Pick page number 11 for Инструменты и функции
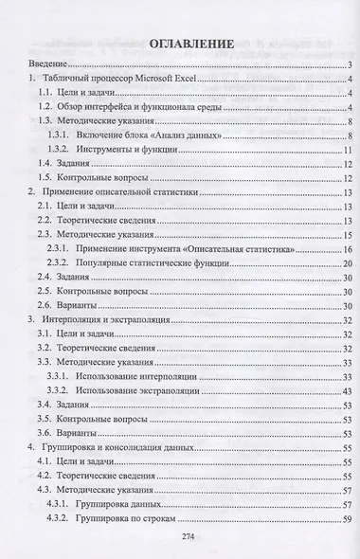click(348, 151)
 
